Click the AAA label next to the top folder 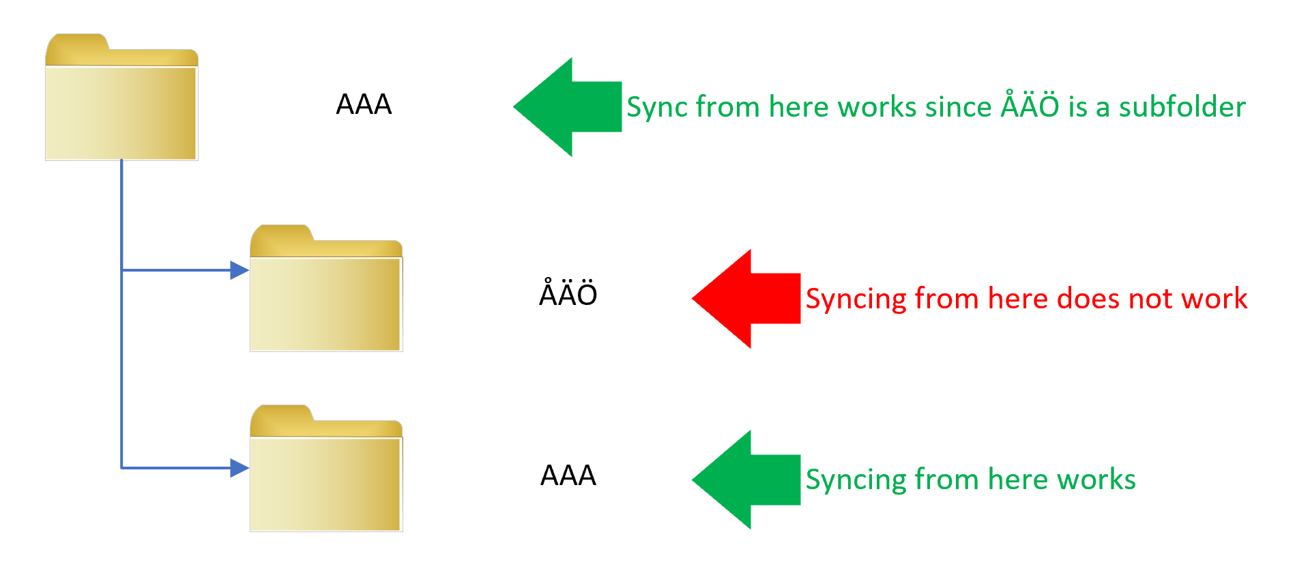click(x=364, y=104)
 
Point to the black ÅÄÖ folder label click(x=568, y=294)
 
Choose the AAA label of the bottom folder click(x=568, y=476)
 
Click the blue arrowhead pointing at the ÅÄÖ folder click(x=238, y=270)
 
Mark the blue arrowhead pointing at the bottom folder click(x=238, y=468)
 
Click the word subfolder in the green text click(x=1182, y=107)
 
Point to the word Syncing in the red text click(x=856, y=300)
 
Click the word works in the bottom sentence click(x=1096, y=480)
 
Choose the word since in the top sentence click(x=958, y=107)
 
